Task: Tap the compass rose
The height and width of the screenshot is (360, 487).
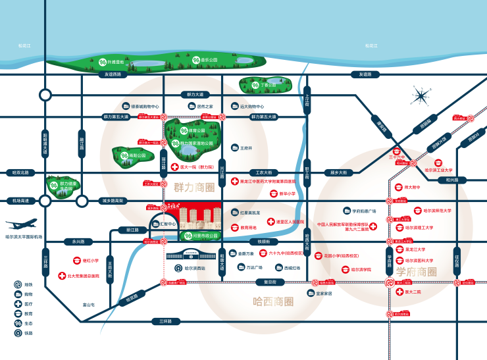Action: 419,97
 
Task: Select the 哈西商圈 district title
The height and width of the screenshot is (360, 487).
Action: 273,302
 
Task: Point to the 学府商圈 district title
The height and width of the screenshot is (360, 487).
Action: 417,271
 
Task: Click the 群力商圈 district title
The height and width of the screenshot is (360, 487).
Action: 195,188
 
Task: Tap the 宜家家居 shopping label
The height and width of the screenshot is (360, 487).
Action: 322,294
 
